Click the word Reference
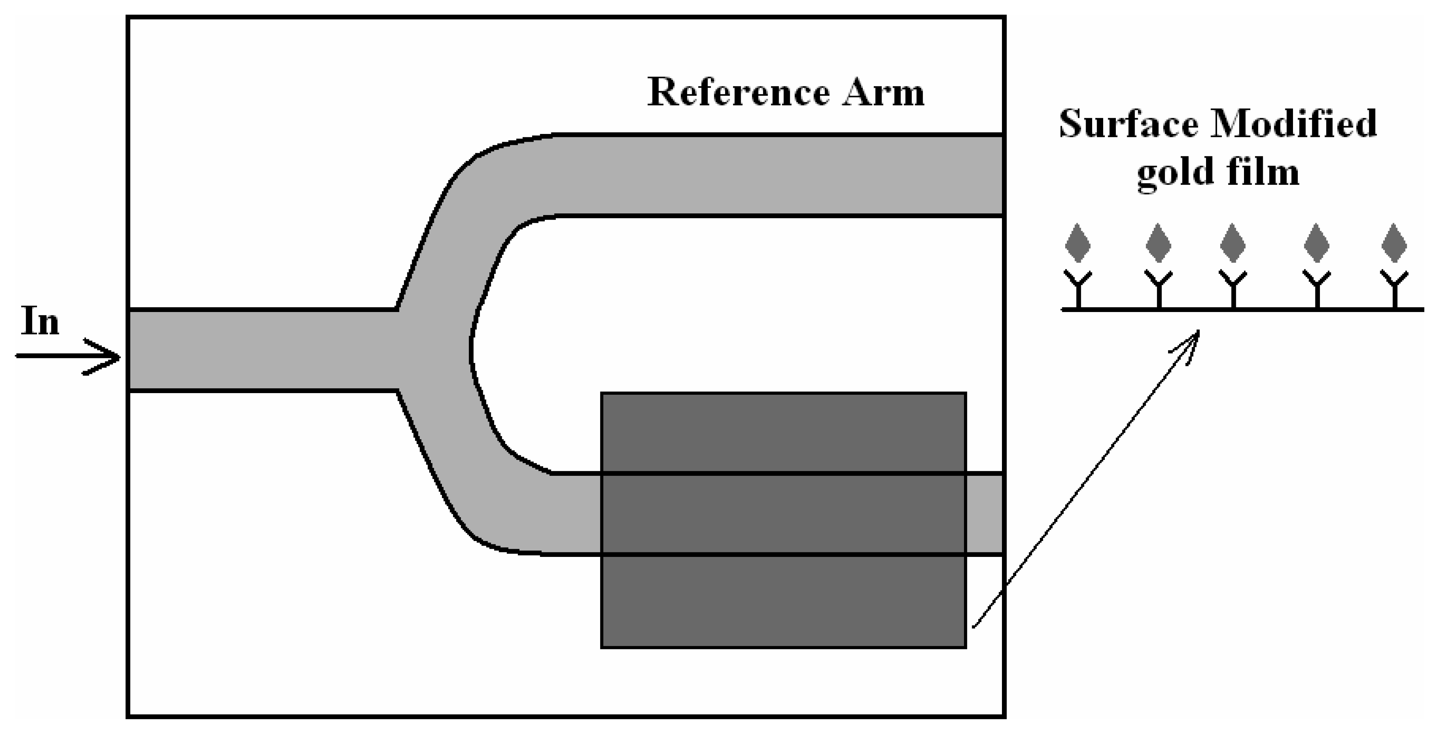pos(738,93)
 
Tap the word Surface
pos(1128,124)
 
